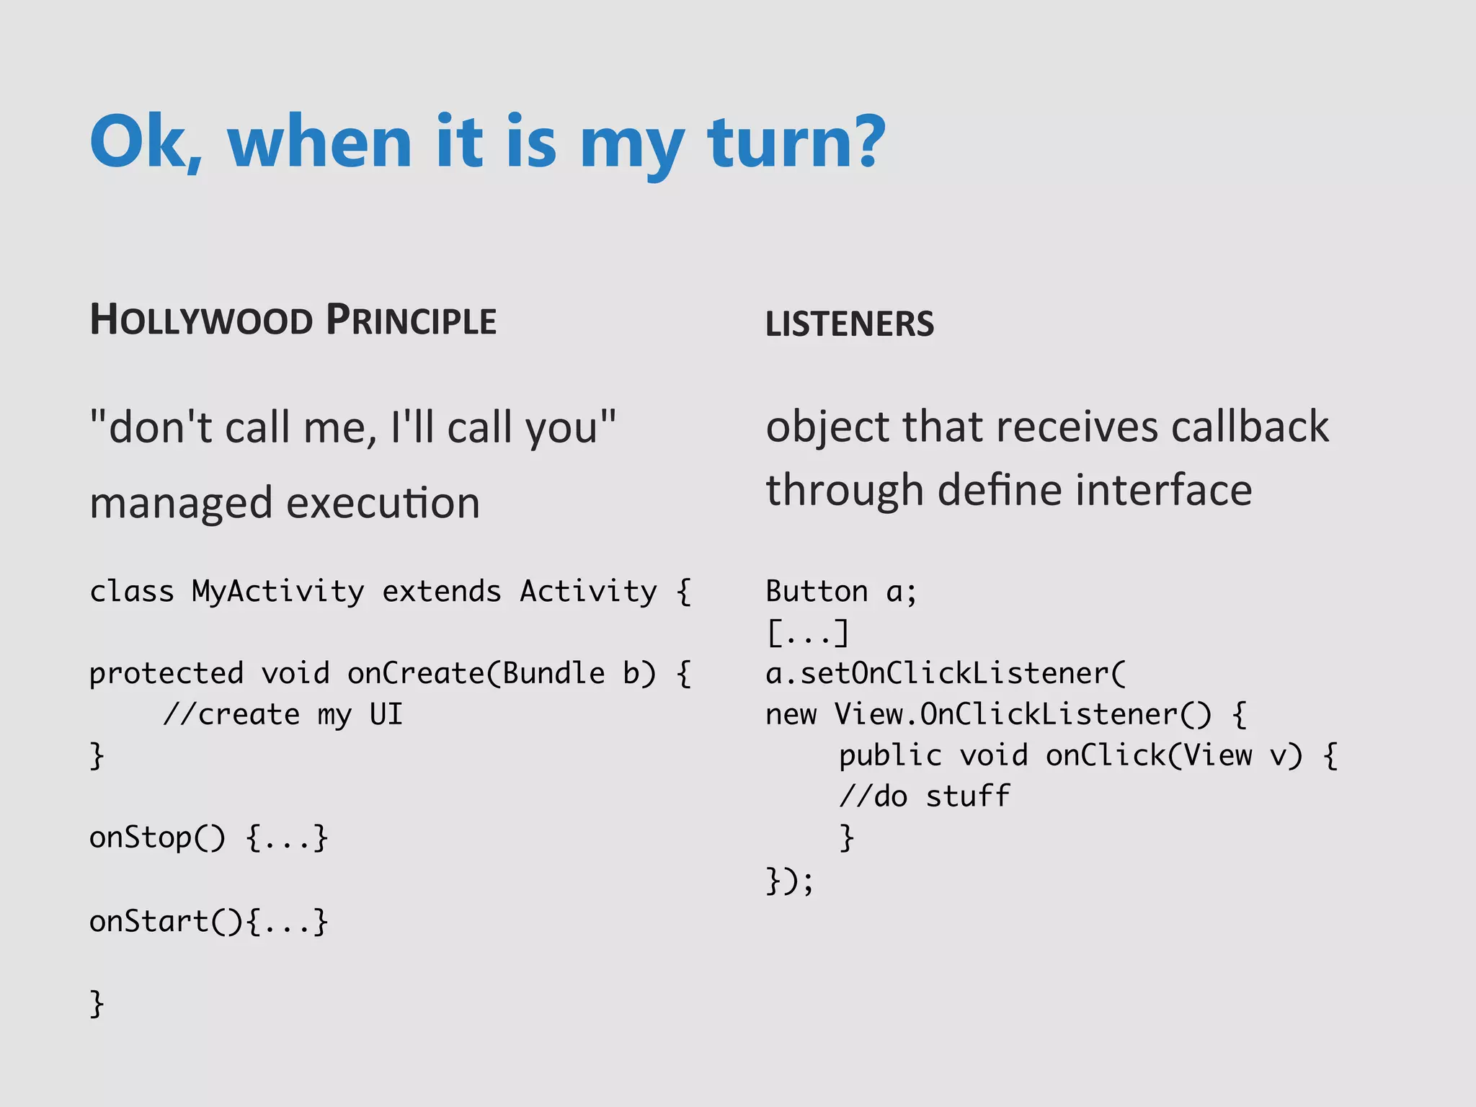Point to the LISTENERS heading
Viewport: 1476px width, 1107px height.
click(x=849, y=324)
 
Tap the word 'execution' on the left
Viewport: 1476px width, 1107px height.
click(x=383, y=504)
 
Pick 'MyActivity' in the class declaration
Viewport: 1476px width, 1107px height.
click(x=277, y=592)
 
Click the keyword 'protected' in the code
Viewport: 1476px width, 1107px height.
click(x=166, y=674)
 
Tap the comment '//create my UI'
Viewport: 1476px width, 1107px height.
click(x=283, y=715)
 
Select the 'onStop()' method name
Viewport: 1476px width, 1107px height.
click(x=157, y=838)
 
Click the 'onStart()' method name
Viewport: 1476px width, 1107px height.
click(x=166, y=922)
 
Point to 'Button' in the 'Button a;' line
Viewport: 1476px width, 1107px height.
click(x=817, y=592)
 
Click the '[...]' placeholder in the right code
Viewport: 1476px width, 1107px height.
click(x=808, y=633)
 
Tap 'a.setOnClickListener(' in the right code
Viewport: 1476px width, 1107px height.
click(x=945, y=674)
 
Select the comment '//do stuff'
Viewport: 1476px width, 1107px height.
click(x=924, y=797)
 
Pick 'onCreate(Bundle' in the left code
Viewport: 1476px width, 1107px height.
click(x=476, y=674)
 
